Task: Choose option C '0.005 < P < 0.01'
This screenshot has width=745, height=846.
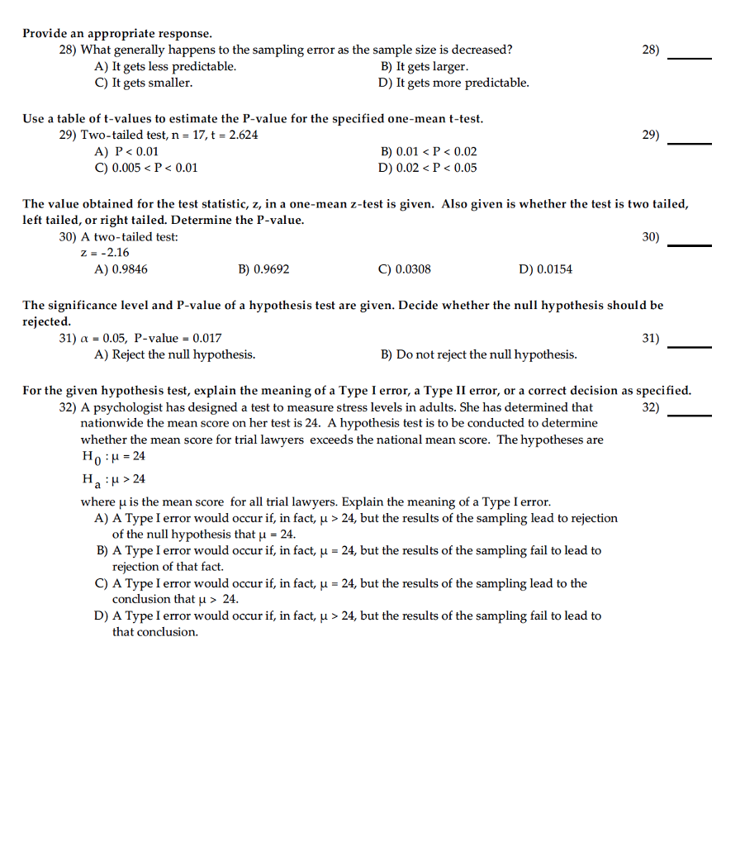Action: pos(146,169)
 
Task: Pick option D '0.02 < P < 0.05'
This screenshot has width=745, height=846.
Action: pos(428,169)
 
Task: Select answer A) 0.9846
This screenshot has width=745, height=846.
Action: pos(122,269)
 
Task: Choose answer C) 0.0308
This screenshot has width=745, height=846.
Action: pos(404,269)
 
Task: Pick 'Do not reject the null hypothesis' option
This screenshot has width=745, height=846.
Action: pos(478,354)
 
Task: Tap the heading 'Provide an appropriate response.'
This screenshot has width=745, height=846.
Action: pos(117,34)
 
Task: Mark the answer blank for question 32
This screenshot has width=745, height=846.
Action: pos(689,413)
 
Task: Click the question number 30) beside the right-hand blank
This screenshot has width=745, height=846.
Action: pos(651,237)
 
